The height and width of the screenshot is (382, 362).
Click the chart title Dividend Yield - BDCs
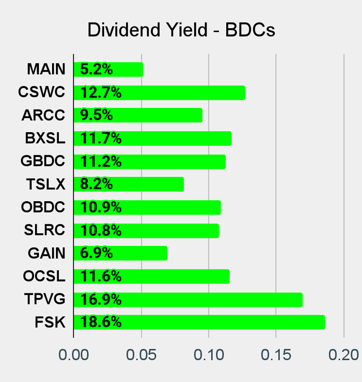click(181, 30)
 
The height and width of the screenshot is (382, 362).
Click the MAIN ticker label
click(46, 70)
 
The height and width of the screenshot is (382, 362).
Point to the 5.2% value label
click(97, 70)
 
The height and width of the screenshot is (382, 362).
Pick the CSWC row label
click(41, 93)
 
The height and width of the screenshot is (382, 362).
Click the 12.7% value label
click(101, 93)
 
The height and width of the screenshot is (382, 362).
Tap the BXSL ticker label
click(45, 138)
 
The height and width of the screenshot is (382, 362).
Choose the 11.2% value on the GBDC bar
click(101, 162)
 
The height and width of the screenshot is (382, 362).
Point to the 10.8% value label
click(101, 231)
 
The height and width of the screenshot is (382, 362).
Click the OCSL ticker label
click(44, 276)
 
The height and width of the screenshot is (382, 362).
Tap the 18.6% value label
click(101, 322)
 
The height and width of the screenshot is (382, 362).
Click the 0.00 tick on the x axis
click(74, 355)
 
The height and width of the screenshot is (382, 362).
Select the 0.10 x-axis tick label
click(209, 355)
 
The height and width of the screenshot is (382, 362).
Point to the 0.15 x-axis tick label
click(276, 355)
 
